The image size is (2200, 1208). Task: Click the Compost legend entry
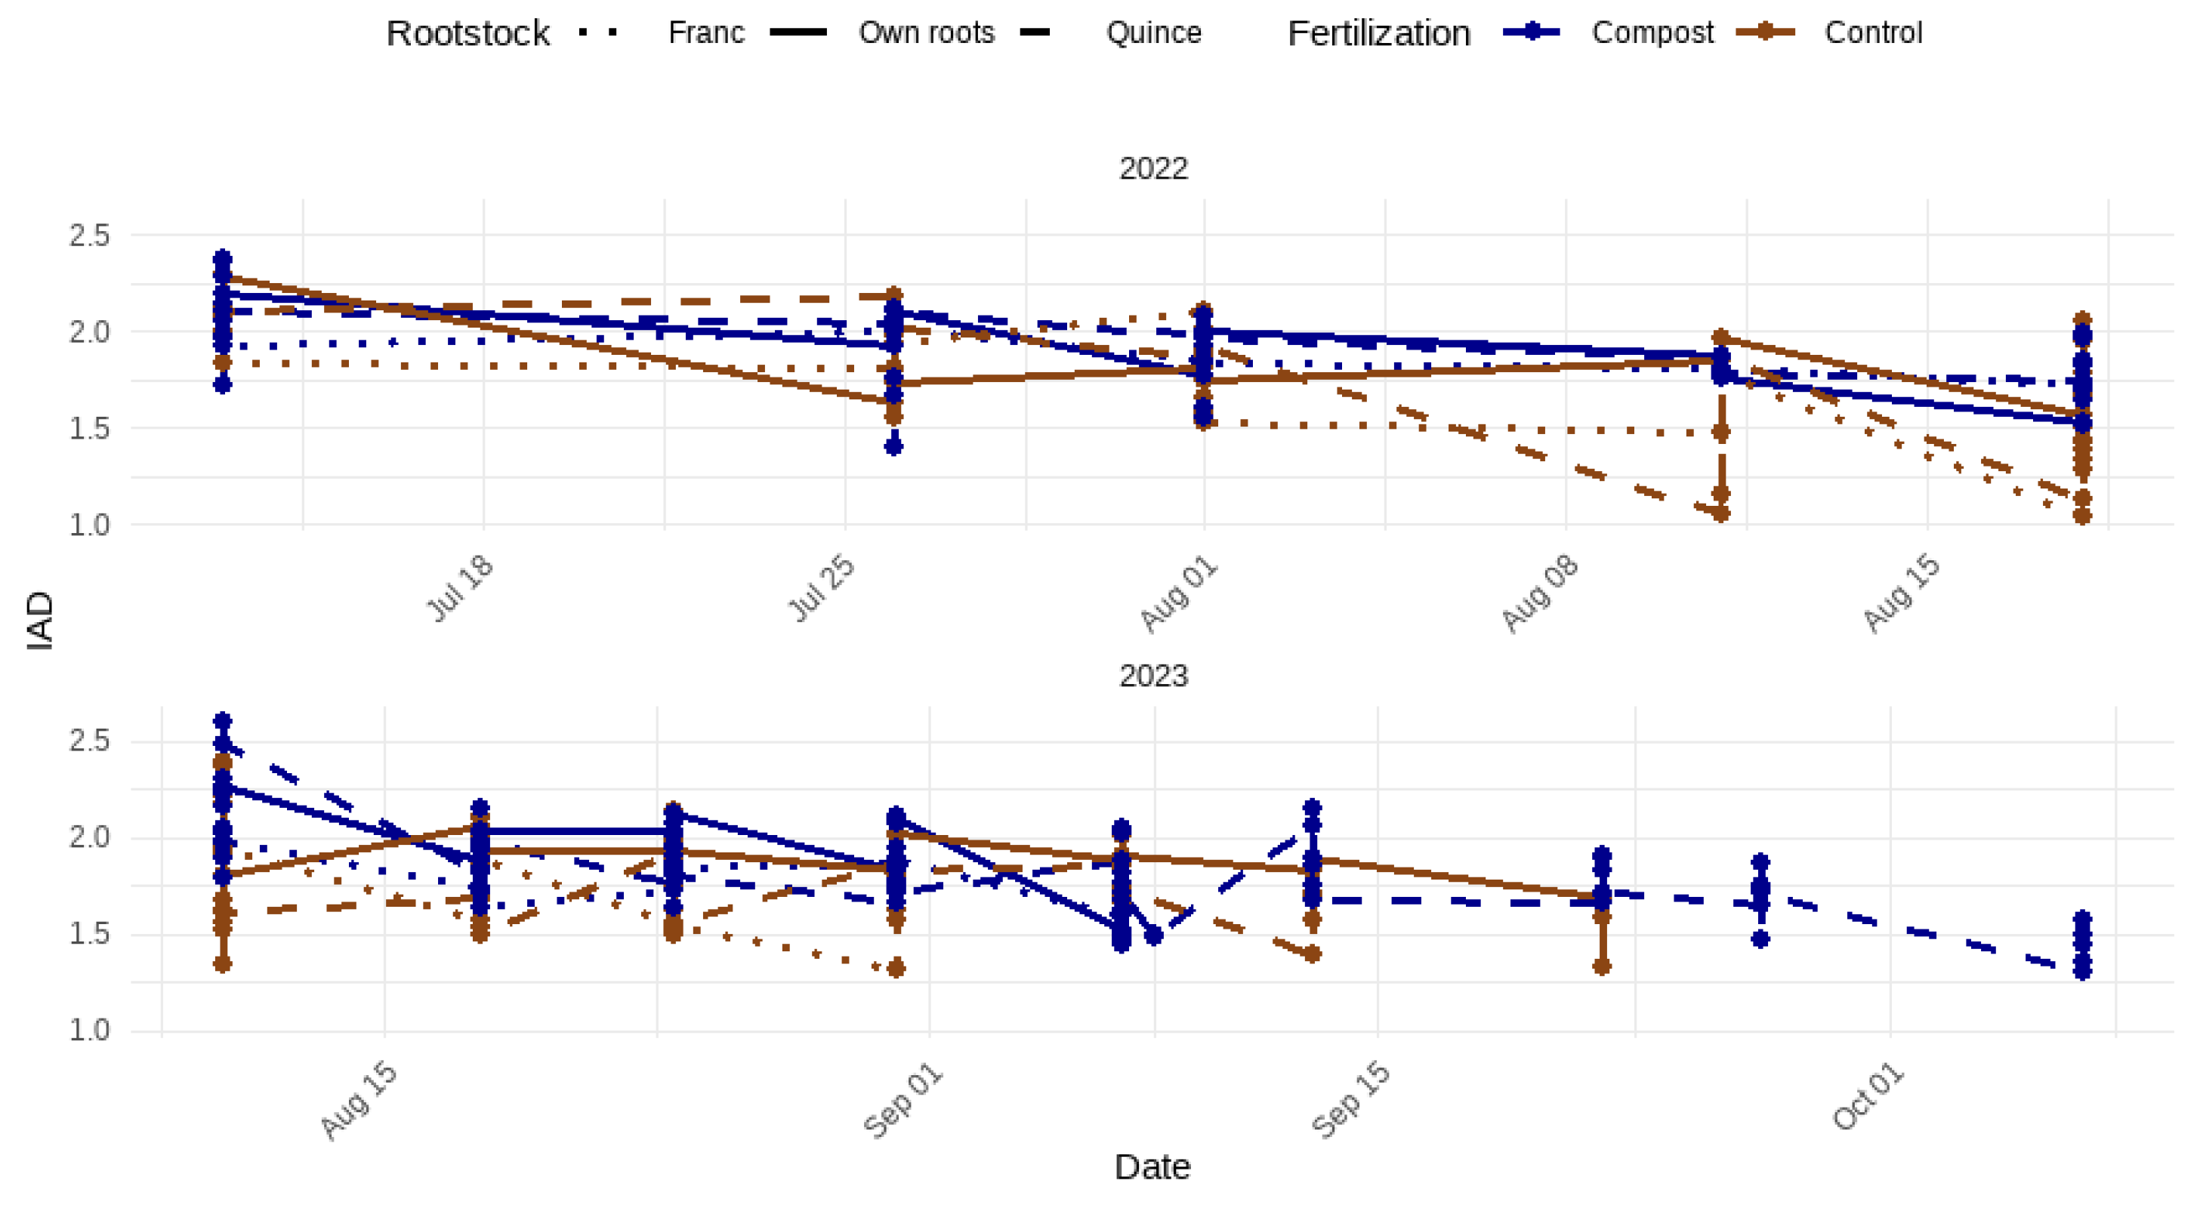[1651, 32]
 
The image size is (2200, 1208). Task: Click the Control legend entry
[1872, 32]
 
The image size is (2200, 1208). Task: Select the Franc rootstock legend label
[705, 32]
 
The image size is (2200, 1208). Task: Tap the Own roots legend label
[926, 32]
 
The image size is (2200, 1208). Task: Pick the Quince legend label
[1153, 32]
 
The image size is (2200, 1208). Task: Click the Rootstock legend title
[467, 33]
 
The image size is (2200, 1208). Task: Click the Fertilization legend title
[1378, 33]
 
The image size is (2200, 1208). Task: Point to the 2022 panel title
[1153, 168]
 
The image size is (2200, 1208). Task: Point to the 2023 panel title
[1153, 676]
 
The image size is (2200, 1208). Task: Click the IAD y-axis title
[40, 621]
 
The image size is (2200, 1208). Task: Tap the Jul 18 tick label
[461, 588]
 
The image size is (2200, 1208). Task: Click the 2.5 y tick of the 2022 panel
[90, 236]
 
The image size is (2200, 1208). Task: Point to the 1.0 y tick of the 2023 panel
[90, 1031]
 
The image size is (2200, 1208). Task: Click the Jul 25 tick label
[822, 588]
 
